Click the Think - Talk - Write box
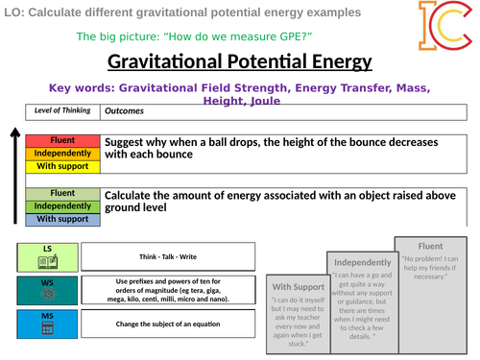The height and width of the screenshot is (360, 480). [168, 256]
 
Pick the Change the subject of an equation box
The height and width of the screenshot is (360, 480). [168, 323]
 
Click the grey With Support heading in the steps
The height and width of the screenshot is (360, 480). [297, 287]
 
